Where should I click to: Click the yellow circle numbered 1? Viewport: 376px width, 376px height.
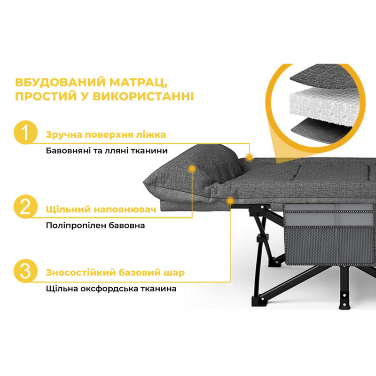[x=26, y=134]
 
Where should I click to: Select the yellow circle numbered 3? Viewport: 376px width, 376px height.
[x=26, y=272]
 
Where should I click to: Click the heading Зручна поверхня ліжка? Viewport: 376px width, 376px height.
[x=106, y=135]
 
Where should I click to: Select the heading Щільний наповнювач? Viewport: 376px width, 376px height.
[x=101, y=209]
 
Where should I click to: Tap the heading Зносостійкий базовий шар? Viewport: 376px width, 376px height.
[x=115, y=273]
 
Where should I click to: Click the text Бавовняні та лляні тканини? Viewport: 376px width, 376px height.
[x=107, y=151]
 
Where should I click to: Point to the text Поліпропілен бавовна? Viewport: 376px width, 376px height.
[x=95, y=225]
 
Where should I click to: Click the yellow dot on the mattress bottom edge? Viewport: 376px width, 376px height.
[x=230, y=201]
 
